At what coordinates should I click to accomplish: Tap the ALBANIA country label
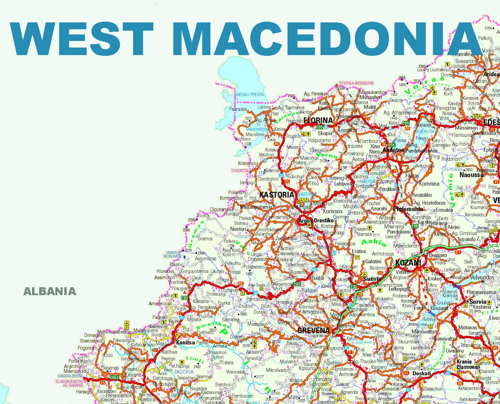coord(50,291)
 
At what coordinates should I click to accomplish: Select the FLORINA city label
coord(318,121)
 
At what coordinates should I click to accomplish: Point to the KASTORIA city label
coord(277,195)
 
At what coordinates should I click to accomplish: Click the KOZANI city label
coord(408,263)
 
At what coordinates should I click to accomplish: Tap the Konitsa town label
coord(185,343)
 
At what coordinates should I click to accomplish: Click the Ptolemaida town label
coord(408,209)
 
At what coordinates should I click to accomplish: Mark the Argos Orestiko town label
coord(316,220)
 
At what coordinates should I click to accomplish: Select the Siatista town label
coord(372,279)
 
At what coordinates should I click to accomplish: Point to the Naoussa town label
coord(471,175)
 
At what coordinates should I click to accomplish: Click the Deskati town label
coord(422,373)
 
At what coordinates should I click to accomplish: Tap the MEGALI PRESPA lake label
coord(250,94)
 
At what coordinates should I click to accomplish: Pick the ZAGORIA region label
coord(184,372)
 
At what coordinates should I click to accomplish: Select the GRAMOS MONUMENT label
coord(174,255)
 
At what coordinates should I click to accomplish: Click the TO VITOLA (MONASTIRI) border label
coord(356,83)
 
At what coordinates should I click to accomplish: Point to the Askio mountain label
coord(374,242)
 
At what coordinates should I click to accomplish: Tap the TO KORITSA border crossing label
coord(240,171)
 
